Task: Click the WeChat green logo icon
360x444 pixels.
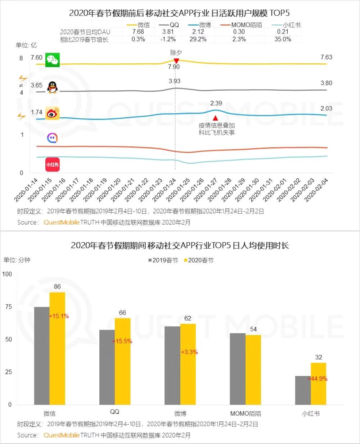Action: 53,60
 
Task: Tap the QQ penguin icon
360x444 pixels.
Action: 53,87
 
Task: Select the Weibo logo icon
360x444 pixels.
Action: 53,113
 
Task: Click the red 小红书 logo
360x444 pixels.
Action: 53,164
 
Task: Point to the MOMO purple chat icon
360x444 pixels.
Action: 53,138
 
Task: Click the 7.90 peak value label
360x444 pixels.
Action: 174,67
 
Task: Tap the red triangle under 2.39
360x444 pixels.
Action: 215,118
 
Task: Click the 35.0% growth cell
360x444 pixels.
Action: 283,39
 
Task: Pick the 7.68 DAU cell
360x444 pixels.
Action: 138,32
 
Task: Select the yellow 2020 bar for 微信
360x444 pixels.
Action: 57,348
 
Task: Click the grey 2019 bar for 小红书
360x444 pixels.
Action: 303,390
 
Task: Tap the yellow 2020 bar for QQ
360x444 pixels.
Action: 122,361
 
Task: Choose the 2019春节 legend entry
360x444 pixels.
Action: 162,260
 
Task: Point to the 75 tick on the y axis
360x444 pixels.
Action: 8,307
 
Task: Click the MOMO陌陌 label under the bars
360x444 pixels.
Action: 246,413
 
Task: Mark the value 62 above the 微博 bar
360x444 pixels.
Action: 188,318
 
